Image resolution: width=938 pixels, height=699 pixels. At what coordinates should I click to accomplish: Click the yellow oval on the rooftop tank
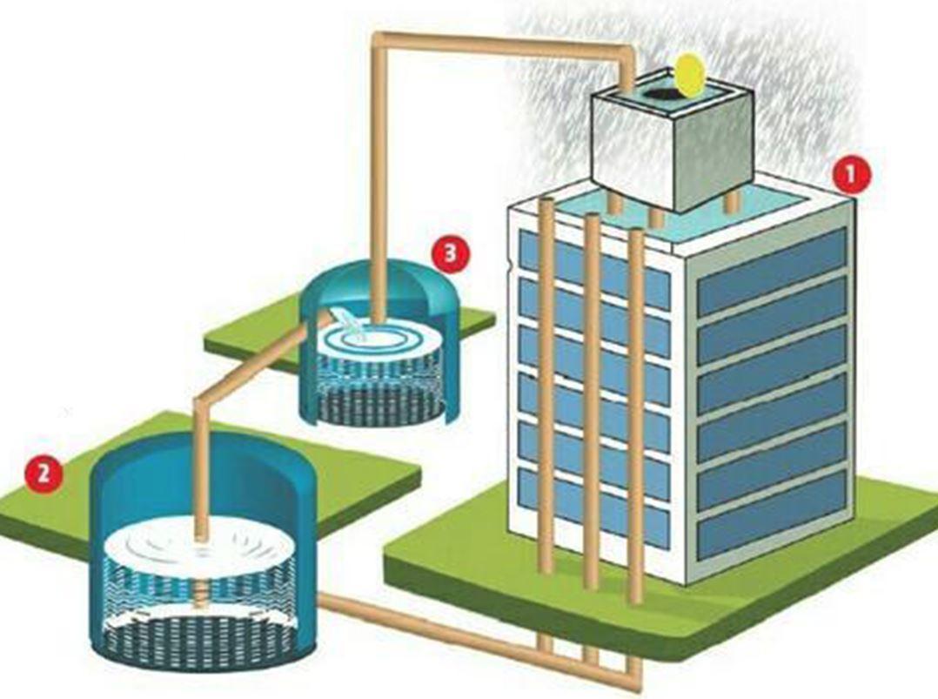click(x=688, y=75)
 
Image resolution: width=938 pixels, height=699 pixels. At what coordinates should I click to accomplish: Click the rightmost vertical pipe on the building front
click(x=636, y=409)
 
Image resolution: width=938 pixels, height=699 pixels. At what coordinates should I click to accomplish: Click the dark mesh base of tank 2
click(x=204, y=640)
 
